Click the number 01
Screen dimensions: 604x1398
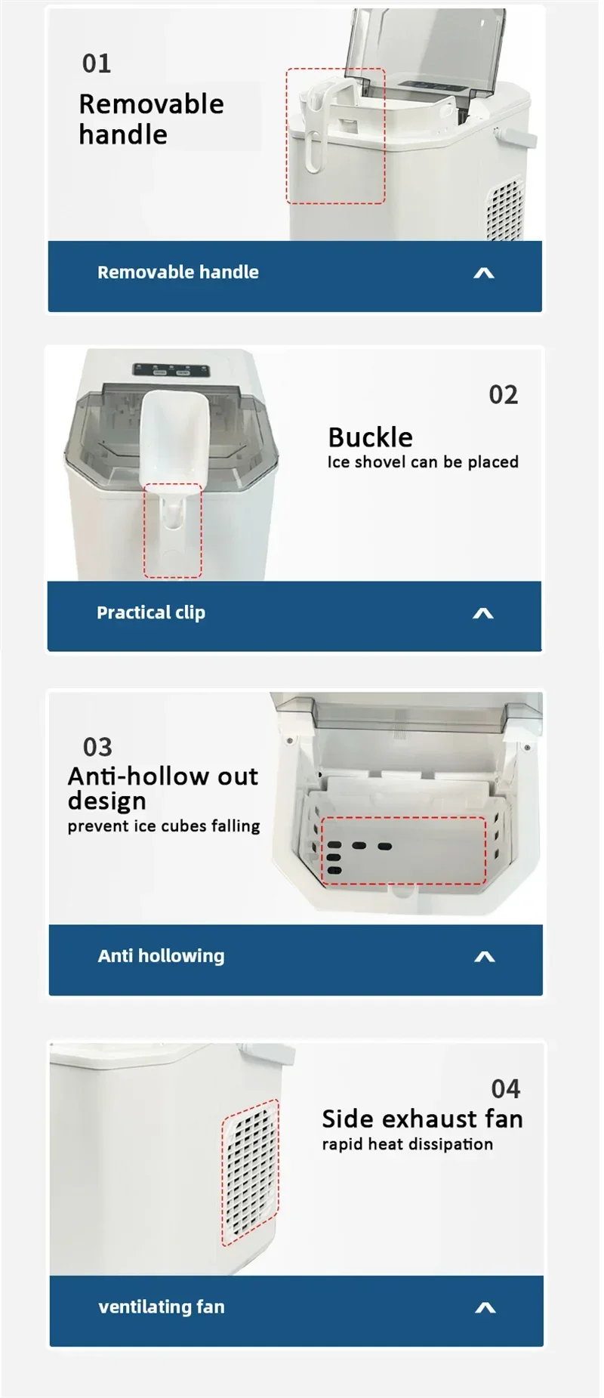point(97,63)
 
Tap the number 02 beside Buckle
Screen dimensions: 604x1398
point(504,395)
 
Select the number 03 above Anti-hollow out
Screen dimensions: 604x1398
point(97,747)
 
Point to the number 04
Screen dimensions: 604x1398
point(506,1089)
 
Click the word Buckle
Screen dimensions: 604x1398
point(371,437)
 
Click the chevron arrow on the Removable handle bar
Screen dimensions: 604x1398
point(484,273)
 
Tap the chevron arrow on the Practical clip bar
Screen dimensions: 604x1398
point(483,613)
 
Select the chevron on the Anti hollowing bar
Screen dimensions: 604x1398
point(485,957)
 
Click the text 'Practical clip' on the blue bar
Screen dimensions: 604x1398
point(151,613)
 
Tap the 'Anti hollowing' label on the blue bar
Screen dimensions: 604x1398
point(162,956)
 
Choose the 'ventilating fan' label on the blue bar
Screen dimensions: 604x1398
point(162,1307)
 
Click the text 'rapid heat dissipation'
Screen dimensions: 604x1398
point(408,1144)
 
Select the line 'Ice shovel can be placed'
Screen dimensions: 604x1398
point(423,462)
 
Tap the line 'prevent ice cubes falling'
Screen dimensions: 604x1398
point(164,826)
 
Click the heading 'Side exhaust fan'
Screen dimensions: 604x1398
point(423,1119)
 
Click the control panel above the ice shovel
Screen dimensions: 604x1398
point(171,370)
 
